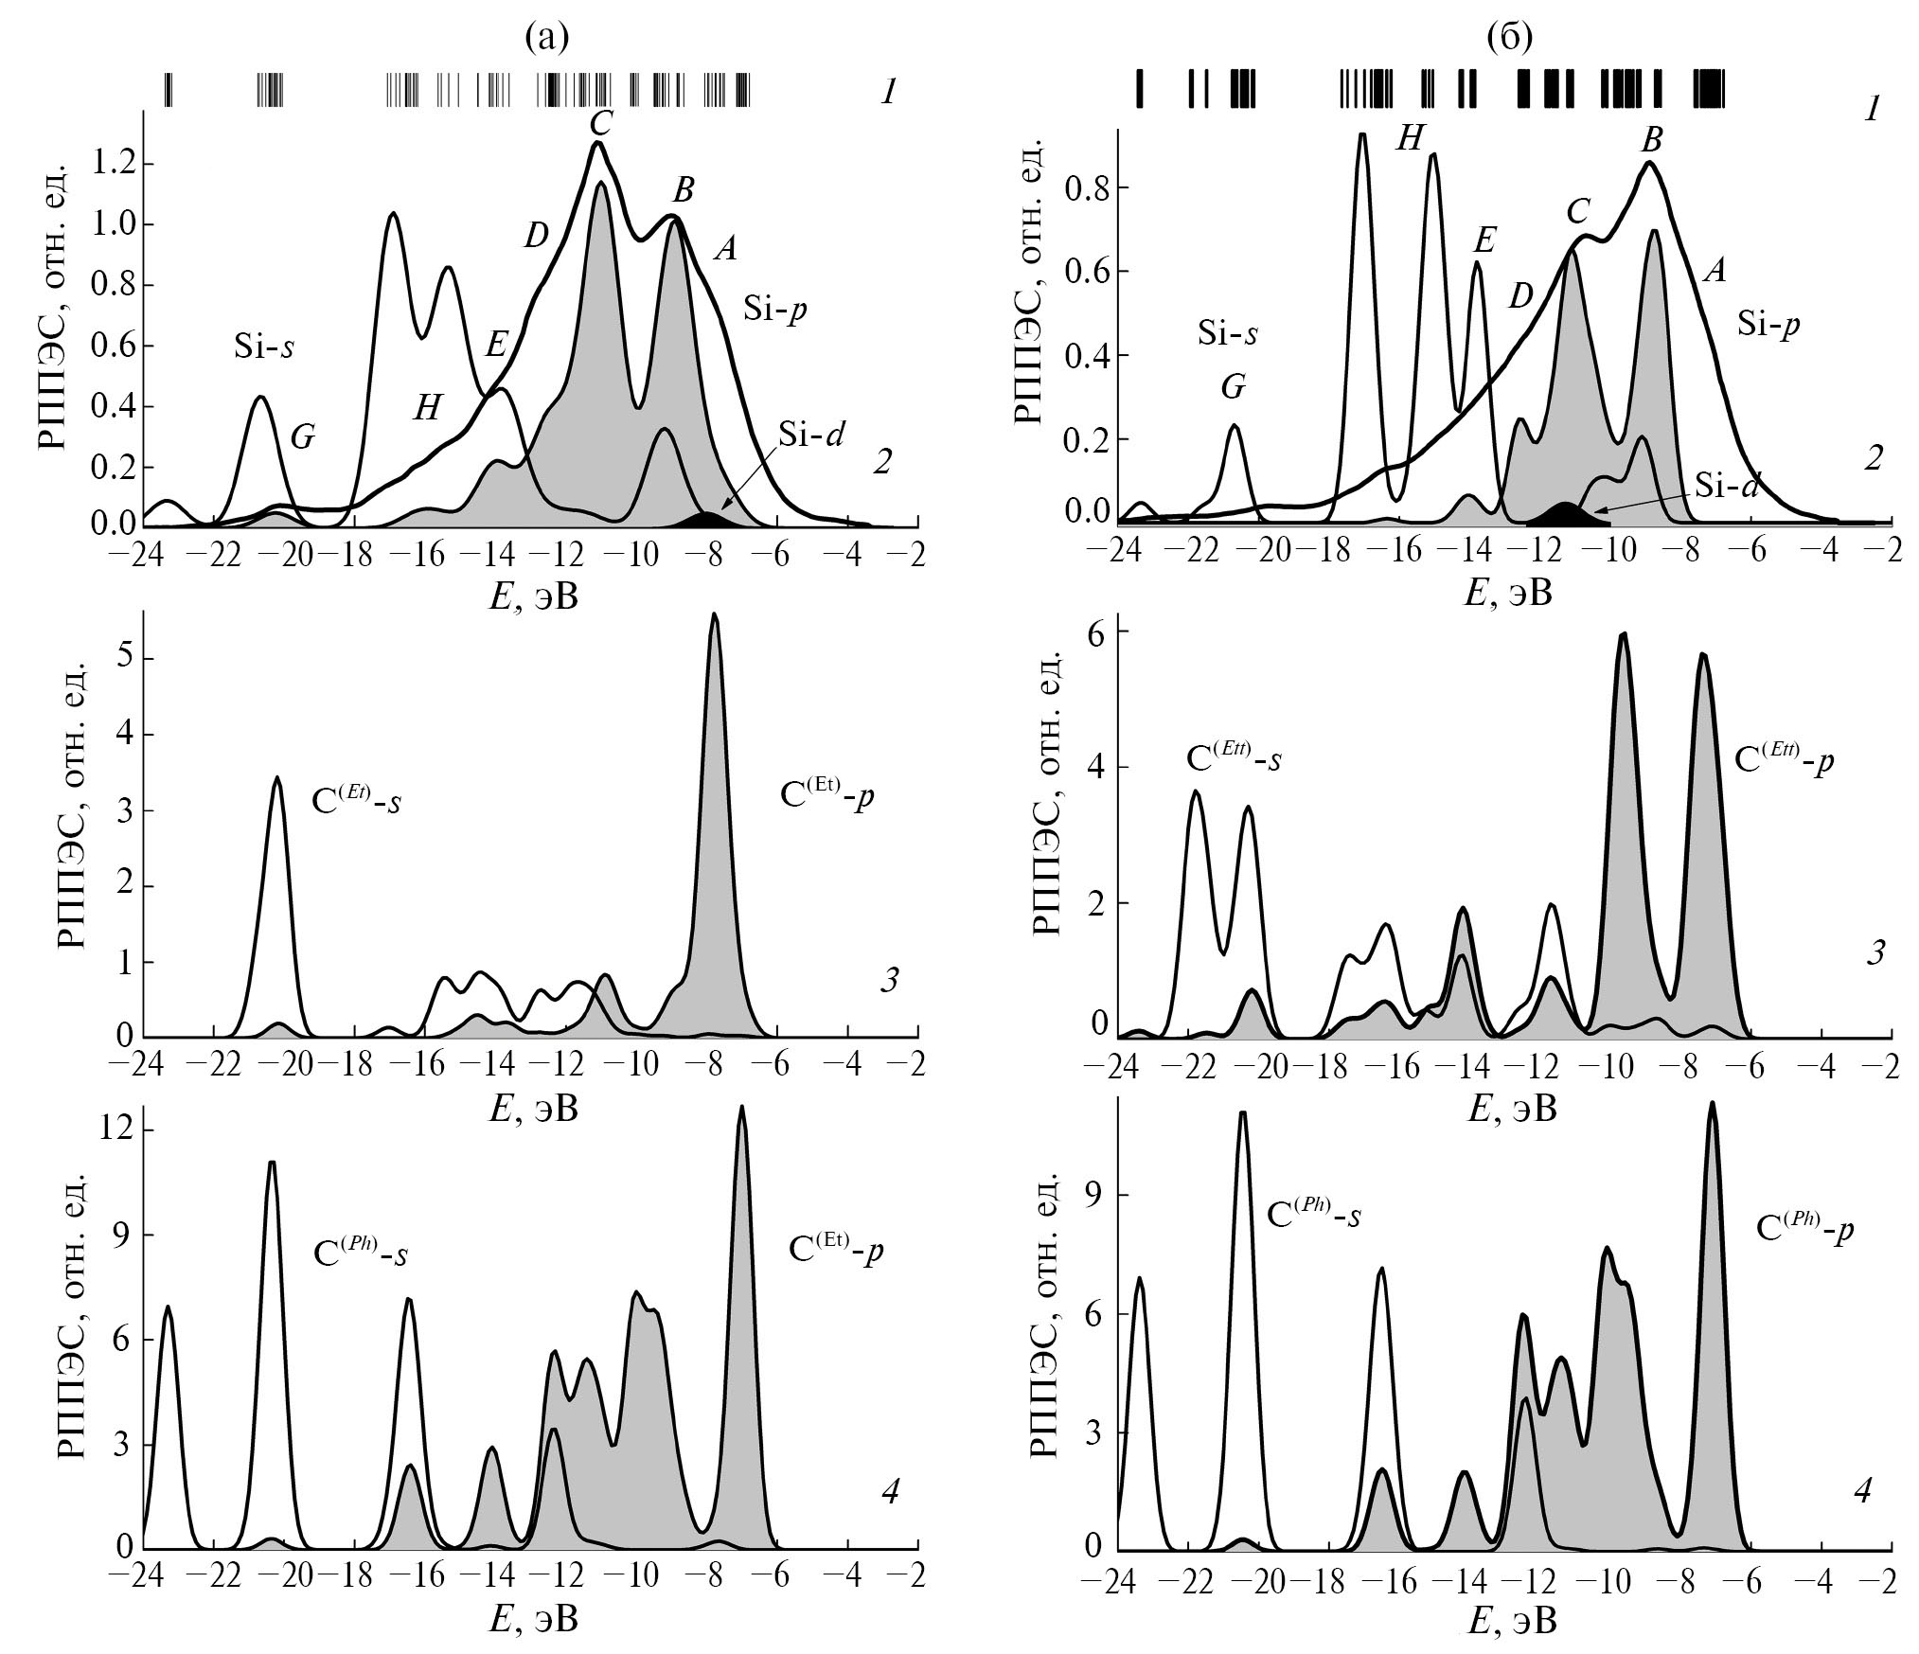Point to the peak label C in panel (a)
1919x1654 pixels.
[597, 124]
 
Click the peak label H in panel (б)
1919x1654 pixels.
[1410, 140]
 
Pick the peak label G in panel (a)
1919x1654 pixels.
[302, 436]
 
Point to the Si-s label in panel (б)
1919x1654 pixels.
[1228, 331]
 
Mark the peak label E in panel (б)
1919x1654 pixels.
[1484, 240]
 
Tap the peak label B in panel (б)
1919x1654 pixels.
[1652, 140]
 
